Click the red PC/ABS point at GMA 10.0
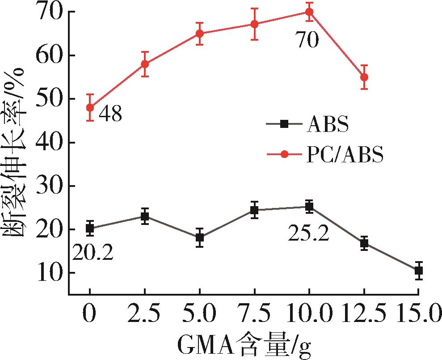click(309, 12)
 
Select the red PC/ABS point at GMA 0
click(90, 107)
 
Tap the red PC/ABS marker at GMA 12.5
click(364, 77)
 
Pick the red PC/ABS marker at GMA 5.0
click(199, 34)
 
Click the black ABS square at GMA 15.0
click(418, 271)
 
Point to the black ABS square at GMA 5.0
click(199, 237)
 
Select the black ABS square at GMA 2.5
click(145, 216)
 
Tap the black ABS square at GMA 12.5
click(364, 243)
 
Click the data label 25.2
click(308, 233)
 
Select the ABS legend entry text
click(328, 125)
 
